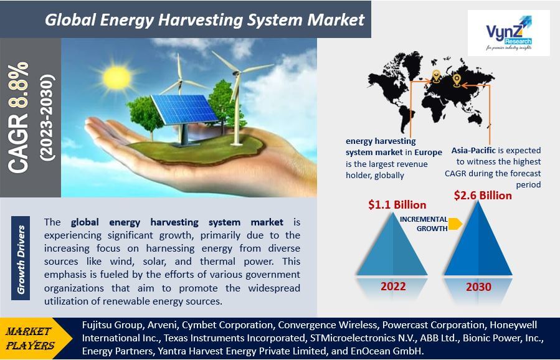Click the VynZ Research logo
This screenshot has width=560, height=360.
click(508, 33)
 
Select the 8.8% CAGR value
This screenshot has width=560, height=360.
click(19, 85)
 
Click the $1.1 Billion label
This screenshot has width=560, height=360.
click(397, 205)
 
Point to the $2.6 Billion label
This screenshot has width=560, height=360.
click(483, 196)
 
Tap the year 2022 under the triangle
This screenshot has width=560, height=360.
click(393, 287)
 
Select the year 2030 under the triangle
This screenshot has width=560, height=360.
click(478, 287)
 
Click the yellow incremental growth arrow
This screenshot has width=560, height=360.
click(455, 224)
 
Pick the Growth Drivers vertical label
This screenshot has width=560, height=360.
click(21, 258)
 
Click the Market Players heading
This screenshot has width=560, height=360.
click(30, 338)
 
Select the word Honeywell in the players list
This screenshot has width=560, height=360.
click(513, 325)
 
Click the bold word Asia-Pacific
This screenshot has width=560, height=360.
click(473, 150)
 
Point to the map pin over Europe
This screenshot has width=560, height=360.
click(436, 77)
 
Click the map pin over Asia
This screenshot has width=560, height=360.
click(457, 81)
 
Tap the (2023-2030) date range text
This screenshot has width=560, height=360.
click(48, 118)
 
